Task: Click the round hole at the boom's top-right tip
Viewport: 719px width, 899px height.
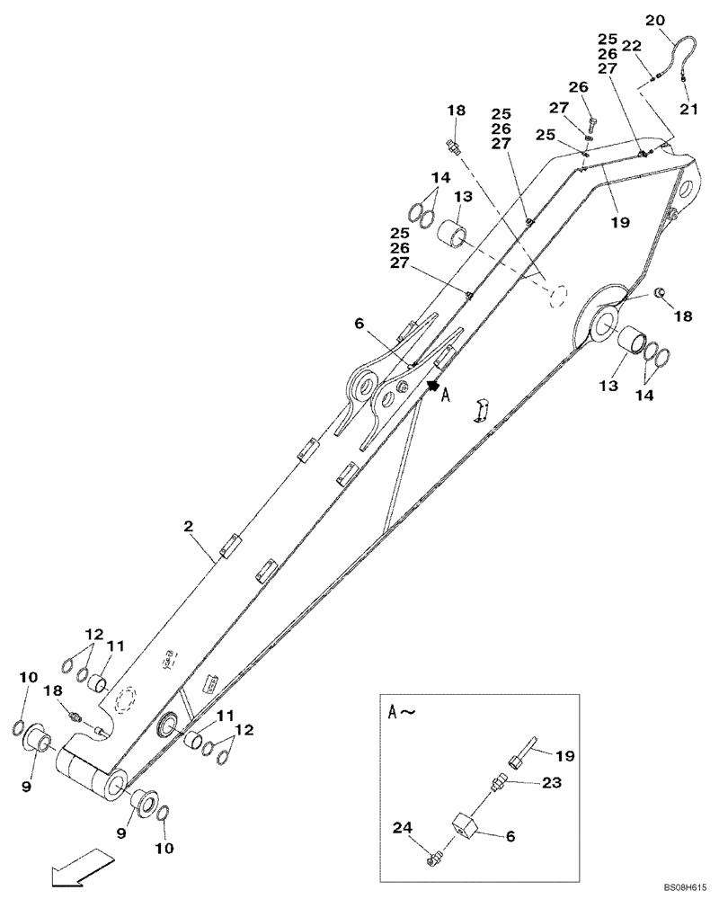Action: click(x=684, y=190)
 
